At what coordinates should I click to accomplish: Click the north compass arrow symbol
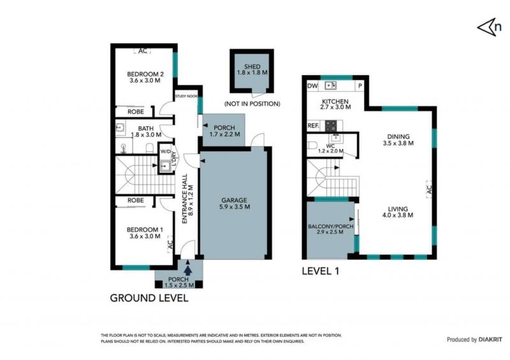pyautogui.click(x=485, y=27)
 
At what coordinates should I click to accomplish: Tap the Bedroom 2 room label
pyautogui.click(x=145, y=77)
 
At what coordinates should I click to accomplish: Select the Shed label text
pyautogui.click(x=252, y=69)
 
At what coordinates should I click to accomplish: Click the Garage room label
pyautogui.click(x=234, y=203)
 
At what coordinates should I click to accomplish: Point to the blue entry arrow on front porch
pyautogui.click(x=188, y=271)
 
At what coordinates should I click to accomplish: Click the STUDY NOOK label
pyautogui.click(x=186, y=96)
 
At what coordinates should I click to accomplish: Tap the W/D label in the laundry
pyautogui.click(x=165, y=152)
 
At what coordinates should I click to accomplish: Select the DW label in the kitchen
pyautogui.click(x=312, y=86)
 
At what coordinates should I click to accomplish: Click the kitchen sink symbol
pyautogui.click(x=330, y=85)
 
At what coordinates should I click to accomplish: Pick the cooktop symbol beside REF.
pyautogui.click(x=331, y=126)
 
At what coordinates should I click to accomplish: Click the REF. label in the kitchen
pyautogui.click(x=314, y=126)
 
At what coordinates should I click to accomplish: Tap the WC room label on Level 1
pyautogui.click(x=330, y=148)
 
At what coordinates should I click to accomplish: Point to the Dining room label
pyautogui.click(x=398, y=140)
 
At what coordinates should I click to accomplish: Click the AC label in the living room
pyautogui.click(x=429, y=190)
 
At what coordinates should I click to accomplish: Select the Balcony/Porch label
pyautogui.click(x=330, y=229)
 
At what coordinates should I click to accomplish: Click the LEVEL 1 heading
pyautogui.click(x=321, y=271)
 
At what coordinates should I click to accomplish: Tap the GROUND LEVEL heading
pyautogui.click(x=149, y=298)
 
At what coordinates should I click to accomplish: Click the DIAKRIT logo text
pyautogui.click(x=490, y=340)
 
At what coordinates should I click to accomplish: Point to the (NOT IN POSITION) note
pyautogui.click(x=252, y=104)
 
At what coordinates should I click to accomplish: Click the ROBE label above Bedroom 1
pyautogui.click(x=136, y=200)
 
